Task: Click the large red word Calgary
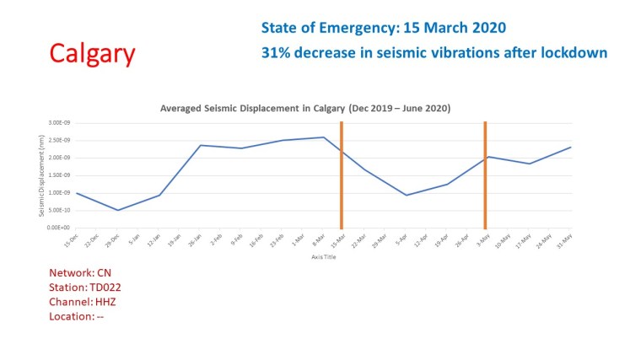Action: [x=92, y=54]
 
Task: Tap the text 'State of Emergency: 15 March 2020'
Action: [x=383, y=28]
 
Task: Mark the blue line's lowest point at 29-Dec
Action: [x=118, y=210]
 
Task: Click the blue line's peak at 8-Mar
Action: [x=323, y=137]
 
